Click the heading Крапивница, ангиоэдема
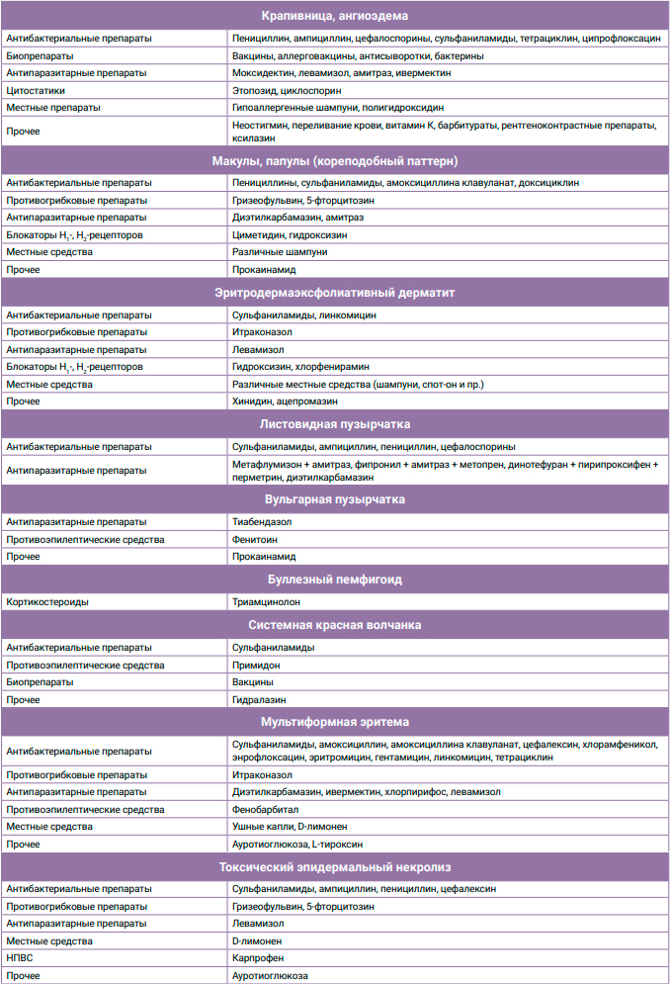click(335, 16)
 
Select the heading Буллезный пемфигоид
click(335, 579)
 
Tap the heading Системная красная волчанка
click(335, 625)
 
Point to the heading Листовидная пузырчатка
click(335, 424)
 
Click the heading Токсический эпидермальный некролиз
click(335, 867)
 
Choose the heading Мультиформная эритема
click(335, 722)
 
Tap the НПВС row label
click(20, 958)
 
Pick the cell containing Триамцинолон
click(266, 601)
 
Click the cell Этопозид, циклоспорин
click(284, 90)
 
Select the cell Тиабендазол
click(263, 521)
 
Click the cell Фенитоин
click(254, 540)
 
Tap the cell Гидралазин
click(259, 699)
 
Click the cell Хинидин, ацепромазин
click(285, 402)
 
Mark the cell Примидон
click(256, 666)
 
